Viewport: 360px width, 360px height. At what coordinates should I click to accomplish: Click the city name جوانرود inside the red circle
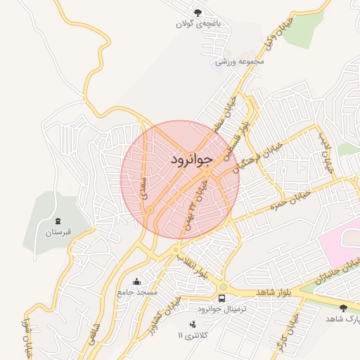[191, 160]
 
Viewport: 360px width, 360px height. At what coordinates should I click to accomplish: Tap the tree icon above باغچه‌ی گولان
[198, 12]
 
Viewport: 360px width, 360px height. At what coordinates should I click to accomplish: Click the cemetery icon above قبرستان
[58, 221]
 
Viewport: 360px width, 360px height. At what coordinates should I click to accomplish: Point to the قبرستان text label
[57, 233]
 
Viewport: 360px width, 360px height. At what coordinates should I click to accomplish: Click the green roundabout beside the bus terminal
[224, 286]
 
